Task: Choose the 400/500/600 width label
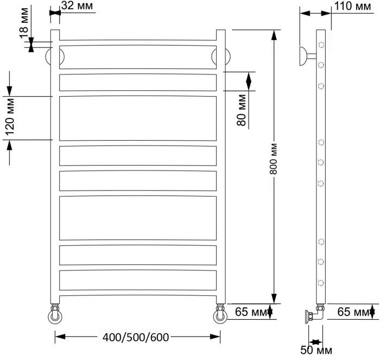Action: pos(136,337)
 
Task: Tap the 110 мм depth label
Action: pos(352,7)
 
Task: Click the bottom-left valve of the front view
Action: pos(55,313)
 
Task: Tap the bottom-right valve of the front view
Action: pos(221,313)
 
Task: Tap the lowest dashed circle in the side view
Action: pos(321,282)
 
